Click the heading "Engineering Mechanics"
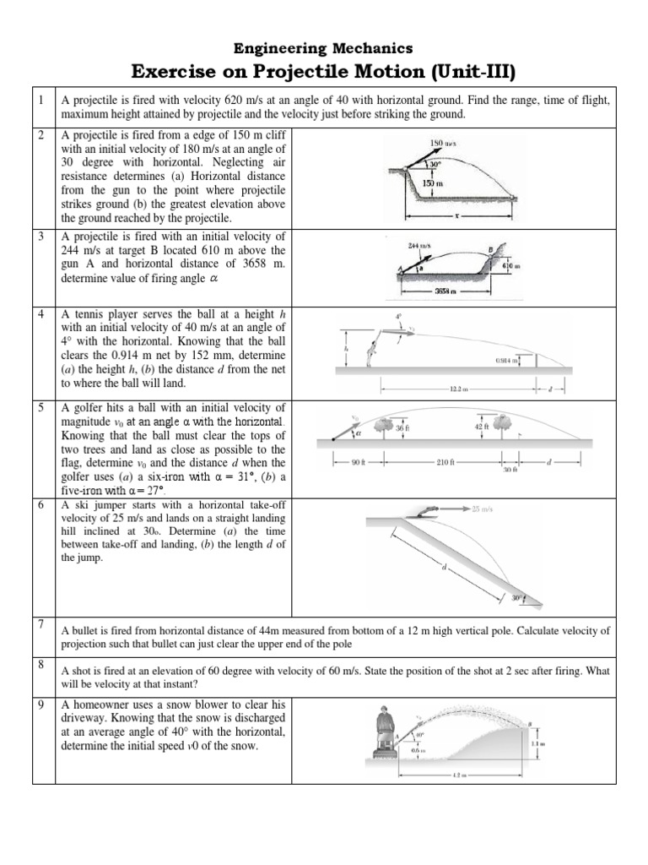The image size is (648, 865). click(x=323, y=48)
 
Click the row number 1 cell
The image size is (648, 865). click(x=42, y=101)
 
